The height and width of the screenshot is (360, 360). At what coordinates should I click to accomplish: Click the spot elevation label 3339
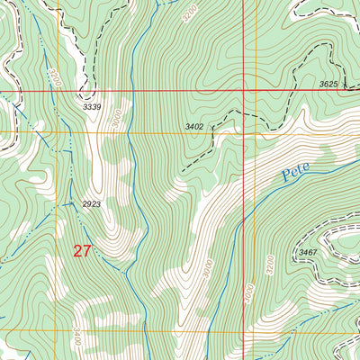92,107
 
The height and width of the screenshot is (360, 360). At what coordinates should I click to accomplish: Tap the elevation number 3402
195,127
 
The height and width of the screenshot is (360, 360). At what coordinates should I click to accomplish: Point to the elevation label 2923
92,204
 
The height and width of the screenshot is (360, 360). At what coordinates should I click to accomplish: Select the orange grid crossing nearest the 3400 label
62,331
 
